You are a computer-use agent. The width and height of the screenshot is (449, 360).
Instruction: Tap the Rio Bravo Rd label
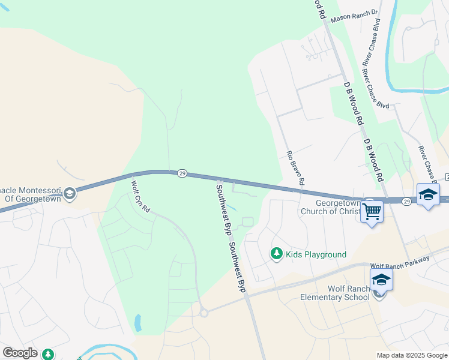[296, 167]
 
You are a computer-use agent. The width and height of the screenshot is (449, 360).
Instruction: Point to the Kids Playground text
[316, 254]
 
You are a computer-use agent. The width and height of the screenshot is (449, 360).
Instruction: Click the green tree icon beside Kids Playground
[277, 254]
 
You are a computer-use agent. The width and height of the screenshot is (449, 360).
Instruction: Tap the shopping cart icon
[372, 211]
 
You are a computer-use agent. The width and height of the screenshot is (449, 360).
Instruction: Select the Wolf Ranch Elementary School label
[340, 293]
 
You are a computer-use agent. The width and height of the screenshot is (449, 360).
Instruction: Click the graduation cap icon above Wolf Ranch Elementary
[381, 280]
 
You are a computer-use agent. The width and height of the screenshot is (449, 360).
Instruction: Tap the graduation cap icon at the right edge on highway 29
[428, 195]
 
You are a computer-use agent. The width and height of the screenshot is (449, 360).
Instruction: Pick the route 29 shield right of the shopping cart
[406, 201]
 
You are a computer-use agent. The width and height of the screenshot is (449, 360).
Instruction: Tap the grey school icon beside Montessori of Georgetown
[70, 193]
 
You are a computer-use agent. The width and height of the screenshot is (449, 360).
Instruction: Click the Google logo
[20, 353]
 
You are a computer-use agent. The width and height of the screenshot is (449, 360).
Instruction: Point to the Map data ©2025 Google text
[411, 355]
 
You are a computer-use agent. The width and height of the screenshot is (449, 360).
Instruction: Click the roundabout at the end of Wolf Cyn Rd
[203, 313]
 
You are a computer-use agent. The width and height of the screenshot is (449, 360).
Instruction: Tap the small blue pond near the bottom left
[138, 323]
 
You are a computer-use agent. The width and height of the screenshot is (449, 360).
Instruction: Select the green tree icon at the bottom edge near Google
[47, 355]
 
